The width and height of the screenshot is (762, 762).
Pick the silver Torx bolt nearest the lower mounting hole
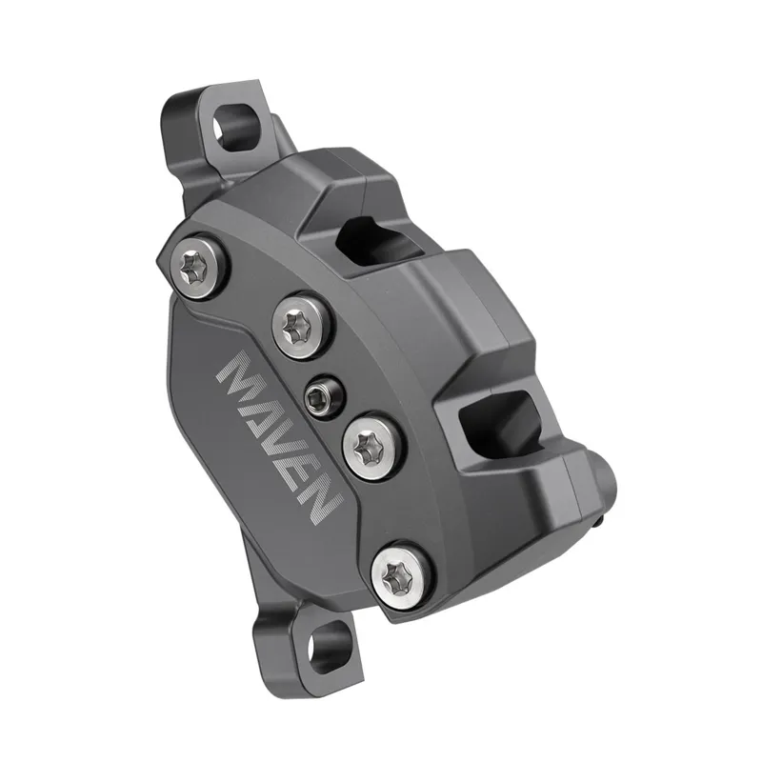coord(400,574)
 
